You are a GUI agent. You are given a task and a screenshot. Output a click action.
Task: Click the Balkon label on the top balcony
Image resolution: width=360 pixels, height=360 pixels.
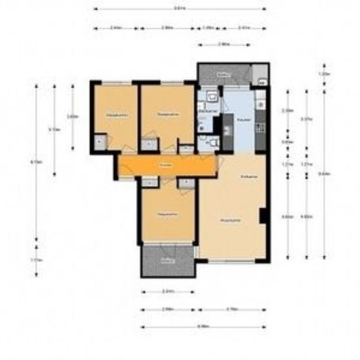point(223,74)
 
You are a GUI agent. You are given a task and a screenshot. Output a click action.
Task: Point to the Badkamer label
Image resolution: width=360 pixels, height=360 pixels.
point(208,113)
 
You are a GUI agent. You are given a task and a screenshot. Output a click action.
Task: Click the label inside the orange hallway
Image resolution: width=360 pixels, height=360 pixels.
point(166,166)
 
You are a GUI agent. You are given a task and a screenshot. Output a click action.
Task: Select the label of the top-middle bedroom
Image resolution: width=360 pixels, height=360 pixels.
point(168,115)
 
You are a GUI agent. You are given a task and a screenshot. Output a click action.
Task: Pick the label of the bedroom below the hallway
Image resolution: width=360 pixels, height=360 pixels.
point(166,214)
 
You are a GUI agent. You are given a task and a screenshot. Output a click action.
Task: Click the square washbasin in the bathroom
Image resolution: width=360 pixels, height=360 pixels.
point(210,97)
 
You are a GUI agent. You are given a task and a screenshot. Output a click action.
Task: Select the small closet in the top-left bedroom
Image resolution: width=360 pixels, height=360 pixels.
point(99,140)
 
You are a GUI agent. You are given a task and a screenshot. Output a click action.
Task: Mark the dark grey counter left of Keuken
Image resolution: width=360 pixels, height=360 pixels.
point(228,124)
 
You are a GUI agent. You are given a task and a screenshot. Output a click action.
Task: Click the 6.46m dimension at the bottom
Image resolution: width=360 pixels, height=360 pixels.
point(204,325)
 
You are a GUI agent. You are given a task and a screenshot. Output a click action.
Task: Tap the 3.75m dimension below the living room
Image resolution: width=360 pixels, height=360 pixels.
point(231,308)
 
